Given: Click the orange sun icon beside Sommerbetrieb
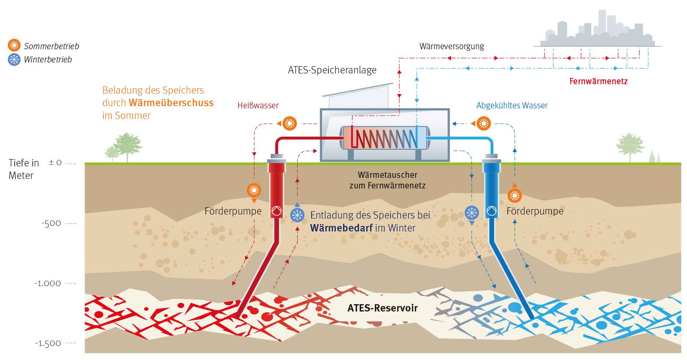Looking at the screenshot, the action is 14,45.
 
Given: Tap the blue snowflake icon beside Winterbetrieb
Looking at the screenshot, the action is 14,60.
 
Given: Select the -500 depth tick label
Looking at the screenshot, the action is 51,223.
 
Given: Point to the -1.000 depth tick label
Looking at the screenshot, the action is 47,283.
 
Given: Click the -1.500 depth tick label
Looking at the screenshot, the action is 48,343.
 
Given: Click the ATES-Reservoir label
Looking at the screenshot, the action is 382,308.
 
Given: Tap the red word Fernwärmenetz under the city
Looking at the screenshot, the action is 598,81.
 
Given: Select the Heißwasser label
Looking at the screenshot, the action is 258,105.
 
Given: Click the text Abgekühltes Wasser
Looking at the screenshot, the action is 512,105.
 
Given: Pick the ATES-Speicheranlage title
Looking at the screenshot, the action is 332,70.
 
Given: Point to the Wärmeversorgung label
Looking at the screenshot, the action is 452,46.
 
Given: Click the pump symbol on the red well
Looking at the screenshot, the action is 276,211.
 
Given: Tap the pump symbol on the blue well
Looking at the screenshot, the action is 491,211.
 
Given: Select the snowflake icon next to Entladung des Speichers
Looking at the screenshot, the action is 297,215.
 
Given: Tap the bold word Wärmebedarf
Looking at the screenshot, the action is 341,228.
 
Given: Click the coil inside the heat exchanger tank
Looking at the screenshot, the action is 384,138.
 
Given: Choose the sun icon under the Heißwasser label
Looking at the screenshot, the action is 289,123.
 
